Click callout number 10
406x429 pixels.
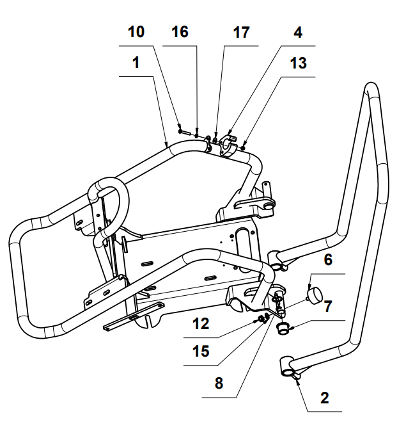[136, 31]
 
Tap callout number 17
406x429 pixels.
[240, 31]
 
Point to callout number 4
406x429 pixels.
[298, 31]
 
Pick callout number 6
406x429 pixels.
[328, 259]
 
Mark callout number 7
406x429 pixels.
[328, 305]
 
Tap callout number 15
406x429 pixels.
[201, 352]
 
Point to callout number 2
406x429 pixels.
[324, 398]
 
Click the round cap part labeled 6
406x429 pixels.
[314, 295]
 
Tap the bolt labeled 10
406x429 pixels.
[185, 131]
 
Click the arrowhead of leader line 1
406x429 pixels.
[168, 145]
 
